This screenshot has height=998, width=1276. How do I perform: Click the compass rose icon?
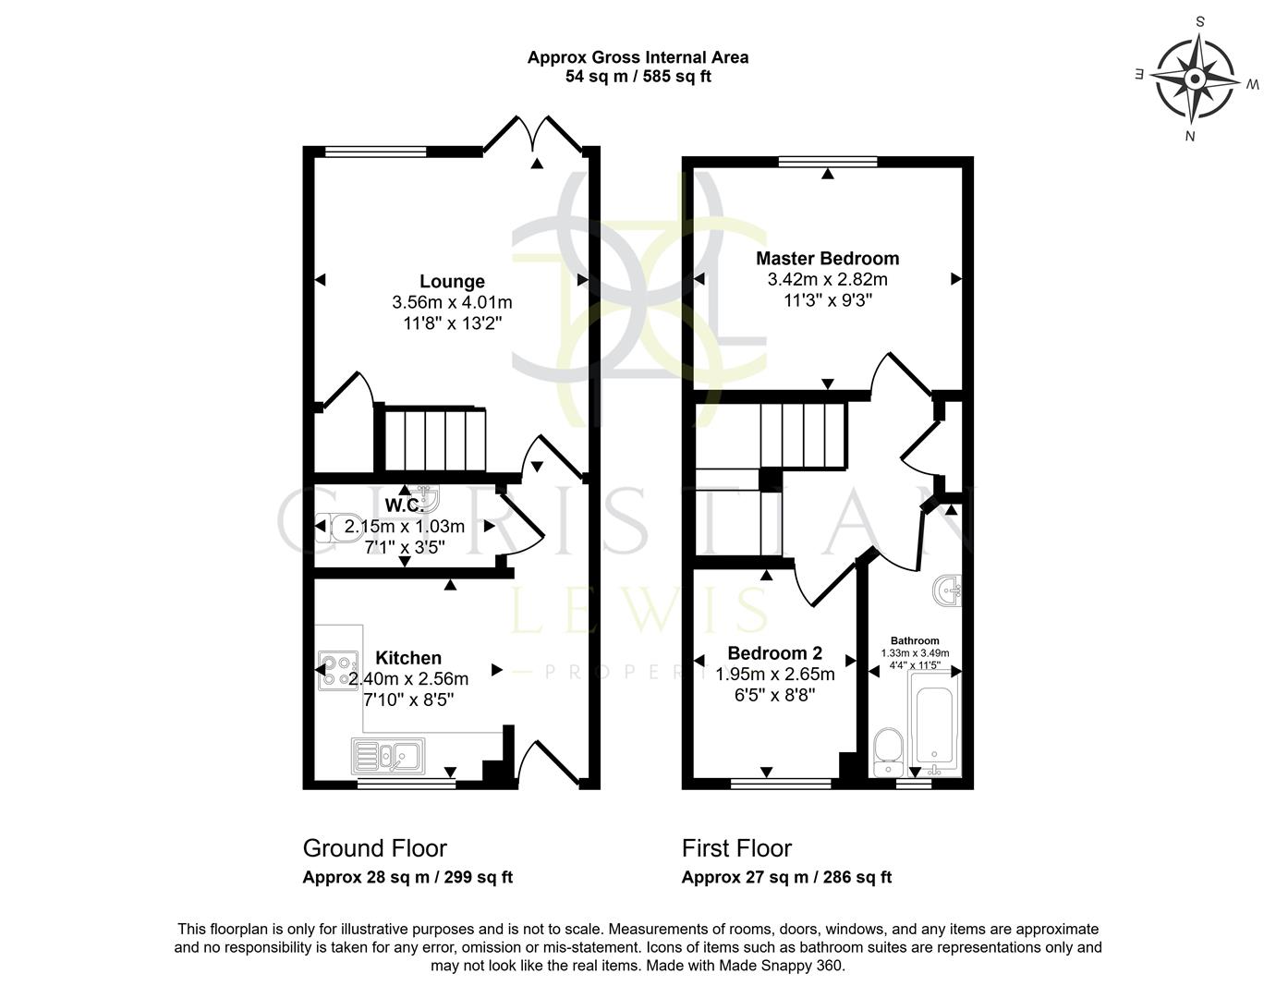1196,78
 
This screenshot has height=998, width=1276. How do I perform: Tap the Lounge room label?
452,281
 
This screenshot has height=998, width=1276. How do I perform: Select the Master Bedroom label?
827,258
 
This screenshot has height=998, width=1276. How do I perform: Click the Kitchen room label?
408,658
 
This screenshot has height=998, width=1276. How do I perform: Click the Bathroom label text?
915,640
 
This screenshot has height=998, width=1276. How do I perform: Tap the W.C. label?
404,505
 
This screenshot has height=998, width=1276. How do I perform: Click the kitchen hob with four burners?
337,671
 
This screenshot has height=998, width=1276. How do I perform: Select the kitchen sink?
387,757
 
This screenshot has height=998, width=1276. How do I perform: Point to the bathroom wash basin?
948,590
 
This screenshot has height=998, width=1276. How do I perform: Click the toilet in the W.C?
330,528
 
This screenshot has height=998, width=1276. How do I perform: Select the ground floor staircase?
434,440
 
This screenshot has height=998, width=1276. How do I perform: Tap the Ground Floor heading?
374,848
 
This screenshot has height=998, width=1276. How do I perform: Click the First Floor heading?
736,848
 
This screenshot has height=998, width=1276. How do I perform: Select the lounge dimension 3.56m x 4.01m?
452,302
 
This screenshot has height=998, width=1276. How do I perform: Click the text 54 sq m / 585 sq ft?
638,77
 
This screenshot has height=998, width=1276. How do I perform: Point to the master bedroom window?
828,162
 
